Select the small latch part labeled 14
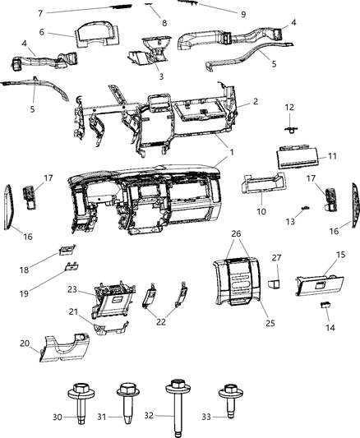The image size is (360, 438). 325,306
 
